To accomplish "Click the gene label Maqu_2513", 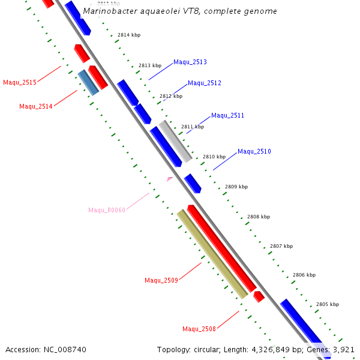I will coord(190,62).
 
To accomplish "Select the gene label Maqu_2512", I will coord(205,83).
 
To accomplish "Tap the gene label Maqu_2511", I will coord(227,115).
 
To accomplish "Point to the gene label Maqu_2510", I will coord(254,151).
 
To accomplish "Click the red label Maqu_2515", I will coord(20,82).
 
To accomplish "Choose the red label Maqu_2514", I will coord(36,106).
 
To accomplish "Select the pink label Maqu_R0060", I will coord(107,210).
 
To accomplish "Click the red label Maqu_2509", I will coord(161,280).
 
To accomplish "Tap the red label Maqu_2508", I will coord(199,329).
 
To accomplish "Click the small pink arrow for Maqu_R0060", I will coord(170,178).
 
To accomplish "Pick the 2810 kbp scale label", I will coord(214,157).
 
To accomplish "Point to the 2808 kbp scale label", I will coord(259,217).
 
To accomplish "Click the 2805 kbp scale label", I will coord(328,304).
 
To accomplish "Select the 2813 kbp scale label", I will coord(149,65).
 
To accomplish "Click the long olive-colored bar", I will coord(212,254).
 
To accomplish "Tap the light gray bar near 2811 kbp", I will coord(175,141).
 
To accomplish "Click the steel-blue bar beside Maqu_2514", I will coord(88,82).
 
